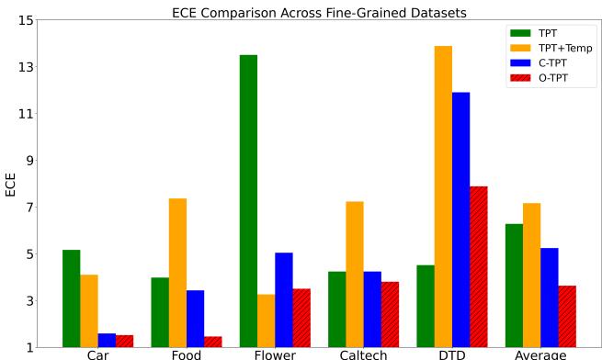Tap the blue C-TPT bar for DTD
(460, 219)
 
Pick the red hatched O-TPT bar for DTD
(478, 266)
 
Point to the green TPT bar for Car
(71, 298)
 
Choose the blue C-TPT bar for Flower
(283, 299)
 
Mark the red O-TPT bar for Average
(567, 316)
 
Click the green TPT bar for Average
(514, 285)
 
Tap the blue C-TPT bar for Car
(107, 340)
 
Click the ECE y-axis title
(11, 184)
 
